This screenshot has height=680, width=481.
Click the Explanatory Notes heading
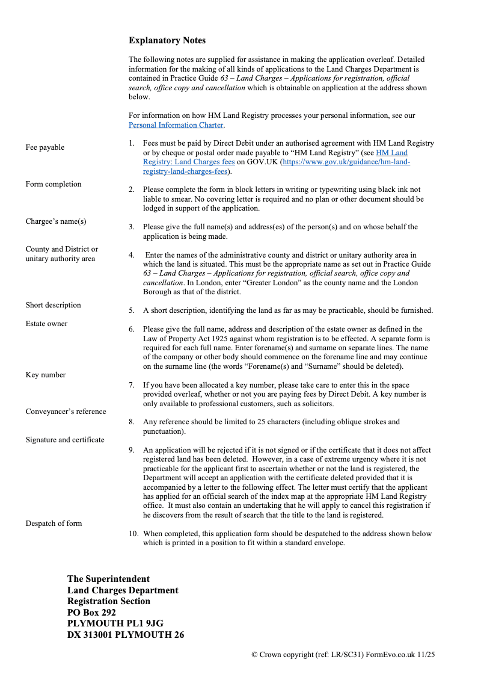(167, 40)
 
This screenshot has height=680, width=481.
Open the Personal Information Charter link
(176, 125)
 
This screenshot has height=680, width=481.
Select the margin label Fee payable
(45, 147)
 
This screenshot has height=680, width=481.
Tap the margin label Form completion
(54, 184)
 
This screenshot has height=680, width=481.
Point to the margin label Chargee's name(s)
(56, 221)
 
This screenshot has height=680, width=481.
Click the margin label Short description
(53, 305)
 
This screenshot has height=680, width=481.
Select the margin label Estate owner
(46, 324)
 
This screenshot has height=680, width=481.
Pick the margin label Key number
(46, 375)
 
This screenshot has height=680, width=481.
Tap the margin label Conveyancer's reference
(66, 412)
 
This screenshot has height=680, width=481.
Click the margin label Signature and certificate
(65, 440)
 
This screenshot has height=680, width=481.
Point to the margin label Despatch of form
(54, 524)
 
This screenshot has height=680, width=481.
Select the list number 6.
(131, 330)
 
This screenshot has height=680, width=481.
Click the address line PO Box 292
(91, 613)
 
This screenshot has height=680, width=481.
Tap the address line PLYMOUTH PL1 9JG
(115, 623)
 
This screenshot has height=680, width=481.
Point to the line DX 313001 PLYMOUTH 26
(126, 635)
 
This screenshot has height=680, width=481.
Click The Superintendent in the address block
(108, 579)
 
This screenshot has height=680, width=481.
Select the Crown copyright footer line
(342, 654)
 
